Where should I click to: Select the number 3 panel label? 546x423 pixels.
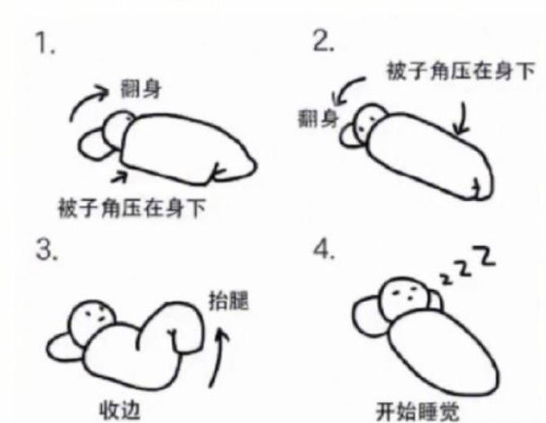pos(46,250)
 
